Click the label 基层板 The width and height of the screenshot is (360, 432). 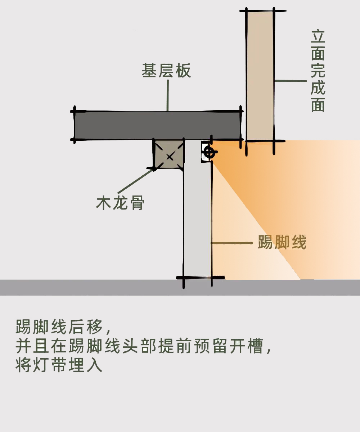point(166,71)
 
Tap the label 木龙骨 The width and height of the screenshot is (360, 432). point(120,203)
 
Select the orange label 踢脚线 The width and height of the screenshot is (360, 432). point(282,242)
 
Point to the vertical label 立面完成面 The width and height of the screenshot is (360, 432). point(318,71)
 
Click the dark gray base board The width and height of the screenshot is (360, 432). point(158,125)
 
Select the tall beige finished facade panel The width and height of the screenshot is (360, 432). point(260,76)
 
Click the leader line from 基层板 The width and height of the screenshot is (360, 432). point(167,95)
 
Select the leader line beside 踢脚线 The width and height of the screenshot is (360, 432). point(232,243)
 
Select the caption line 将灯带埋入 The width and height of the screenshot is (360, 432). point(59,365)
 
